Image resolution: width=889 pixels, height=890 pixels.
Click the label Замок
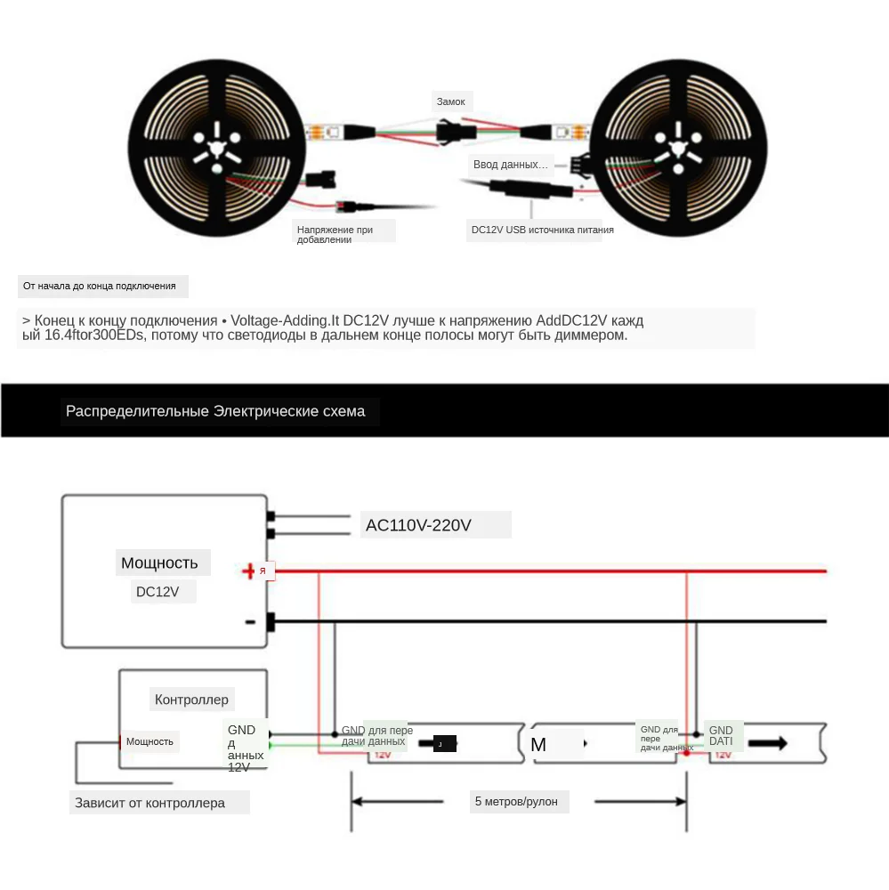450,101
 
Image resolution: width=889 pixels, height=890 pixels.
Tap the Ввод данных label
510,165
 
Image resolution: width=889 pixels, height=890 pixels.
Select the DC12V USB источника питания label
542,230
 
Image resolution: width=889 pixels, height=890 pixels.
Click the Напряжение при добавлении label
335,234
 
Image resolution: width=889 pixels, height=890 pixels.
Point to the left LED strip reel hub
217,143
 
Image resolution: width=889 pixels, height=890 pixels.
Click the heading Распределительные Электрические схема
215,411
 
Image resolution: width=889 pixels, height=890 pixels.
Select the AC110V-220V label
418,525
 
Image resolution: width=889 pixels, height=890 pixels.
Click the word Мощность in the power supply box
159,562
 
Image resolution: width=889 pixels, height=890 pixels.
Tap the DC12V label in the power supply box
158,592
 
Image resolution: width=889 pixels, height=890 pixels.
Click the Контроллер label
191,700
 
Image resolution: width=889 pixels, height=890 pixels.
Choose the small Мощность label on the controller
150,741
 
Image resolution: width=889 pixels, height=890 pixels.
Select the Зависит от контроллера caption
150,803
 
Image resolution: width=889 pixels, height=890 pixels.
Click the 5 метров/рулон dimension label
516,802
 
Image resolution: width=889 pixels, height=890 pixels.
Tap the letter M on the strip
538,745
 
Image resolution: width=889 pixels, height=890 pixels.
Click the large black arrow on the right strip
767,743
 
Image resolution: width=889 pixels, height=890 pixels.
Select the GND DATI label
721,736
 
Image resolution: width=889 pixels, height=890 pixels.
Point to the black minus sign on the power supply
250,622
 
